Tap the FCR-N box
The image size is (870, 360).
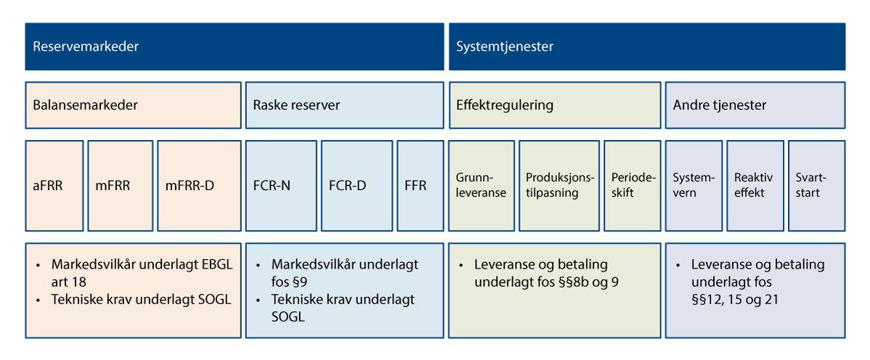tap(281, 185)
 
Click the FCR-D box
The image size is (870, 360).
tap(356, 185)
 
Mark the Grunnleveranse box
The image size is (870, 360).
tap(481, 185)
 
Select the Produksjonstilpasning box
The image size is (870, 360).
tap(560, 185)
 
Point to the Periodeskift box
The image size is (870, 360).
tap(633, 185)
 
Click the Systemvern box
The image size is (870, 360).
tap(694, 185)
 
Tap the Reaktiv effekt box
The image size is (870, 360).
tap(755, 185)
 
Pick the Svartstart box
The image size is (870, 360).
tap(816, 185)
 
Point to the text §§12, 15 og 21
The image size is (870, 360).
tap(735, 299)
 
